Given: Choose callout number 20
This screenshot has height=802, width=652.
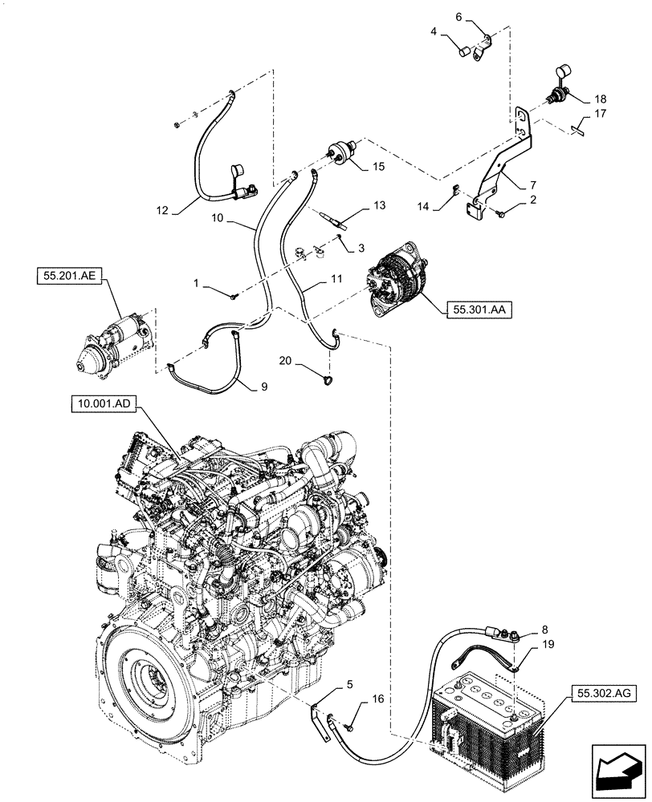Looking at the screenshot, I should point(287,361).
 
